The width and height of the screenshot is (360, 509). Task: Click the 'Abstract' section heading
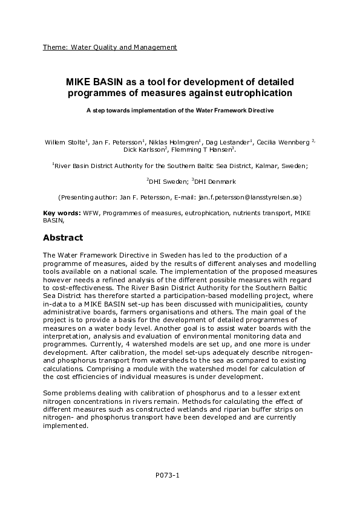pos(63,238)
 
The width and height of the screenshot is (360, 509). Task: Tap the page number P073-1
pos(168,475)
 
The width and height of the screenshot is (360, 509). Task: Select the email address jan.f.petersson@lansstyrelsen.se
pos(248,197)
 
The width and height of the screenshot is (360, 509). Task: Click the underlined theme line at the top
pos(110,47)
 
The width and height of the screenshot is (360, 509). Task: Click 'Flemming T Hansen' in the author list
pos(204,149)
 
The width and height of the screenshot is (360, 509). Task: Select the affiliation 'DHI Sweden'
pos(168,181)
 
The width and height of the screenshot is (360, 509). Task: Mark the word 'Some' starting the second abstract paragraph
pos(51,394)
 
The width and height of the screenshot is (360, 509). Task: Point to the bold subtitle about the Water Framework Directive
pos(180,111)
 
